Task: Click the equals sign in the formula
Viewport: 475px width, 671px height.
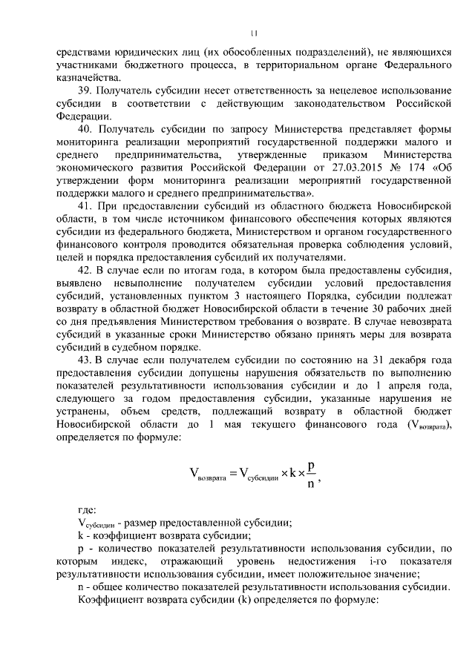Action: pos(222,473)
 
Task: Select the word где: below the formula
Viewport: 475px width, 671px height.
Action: pos(87,510)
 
